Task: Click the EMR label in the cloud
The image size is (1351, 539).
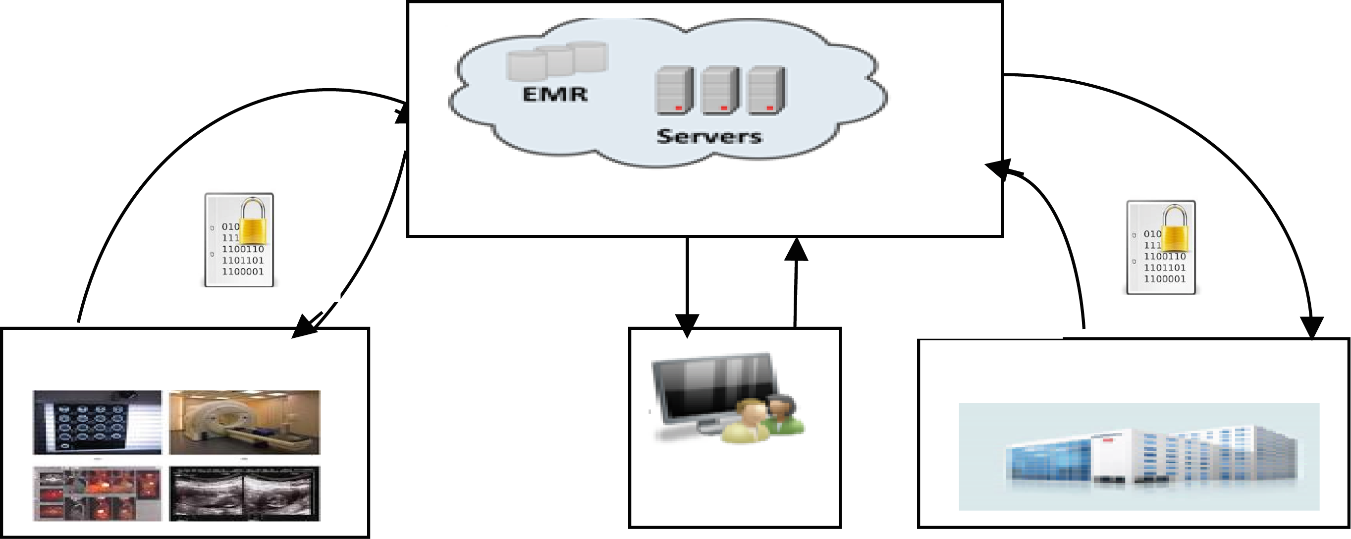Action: click(555, 95)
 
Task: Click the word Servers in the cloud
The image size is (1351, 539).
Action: click(708, 137)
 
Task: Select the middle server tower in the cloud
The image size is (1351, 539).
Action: click(720, 91)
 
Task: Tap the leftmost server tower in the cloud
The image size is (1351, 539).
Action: click(674, 91)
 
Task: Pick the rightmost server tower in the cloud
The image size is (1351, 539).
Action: click(766, 91)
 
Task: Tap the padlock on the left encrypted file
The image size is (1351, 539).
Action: click(254, 222)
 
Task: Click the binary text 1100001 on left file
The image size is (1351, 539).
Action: click(243, 271)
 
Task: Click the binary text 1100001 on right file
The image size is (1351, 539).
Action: click(1164, 279)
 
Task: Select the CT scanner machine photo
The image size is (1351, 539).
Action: click(244, 422)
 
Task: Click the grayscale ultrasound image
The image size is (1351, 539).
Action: click(244, 493)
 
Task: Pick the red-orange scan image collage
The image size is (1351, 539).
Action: click(98, 493)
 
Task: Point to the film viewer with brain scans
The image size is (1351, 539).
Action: click(98, 422)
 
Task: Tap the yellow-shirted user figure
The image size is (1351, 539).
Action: click(745, 422)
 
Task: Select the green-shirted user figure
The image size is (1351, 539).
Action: click(782, 414)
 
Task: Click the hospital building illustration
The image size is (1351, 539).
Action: click(1138, 456)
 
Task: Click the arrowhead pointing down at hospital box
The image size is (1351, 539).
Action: click(1312, 327)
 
